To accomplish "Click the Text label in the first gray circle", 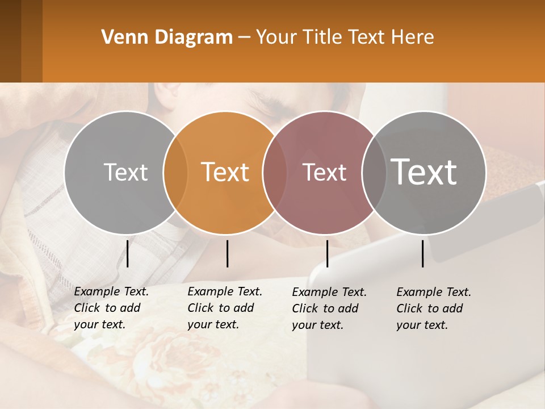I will pos(125,172).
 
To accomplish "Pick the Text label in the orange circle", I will pos(225,172).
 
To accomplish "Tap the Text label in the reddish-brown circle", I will pos(325,172).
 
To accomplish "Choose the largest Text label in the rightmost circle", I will pos(424,172).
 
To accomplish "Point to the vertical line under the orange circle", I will pos(227,253).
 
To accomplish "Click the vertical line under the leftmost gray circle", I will pos(128,253).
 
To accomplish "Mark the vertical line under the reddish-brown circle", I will pos(327,253).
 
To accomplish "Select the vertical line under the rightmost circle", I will pos(422,253).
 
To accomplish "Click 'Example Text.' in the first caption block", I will pos(111,292).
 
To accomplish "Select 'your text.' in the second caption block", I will pos(213,325).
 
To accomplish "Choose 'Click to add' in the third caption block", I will pos(325,308).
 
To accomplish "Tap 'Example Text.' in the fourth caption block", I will pos(434,293).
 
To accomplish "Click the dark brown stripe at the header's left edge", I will pos(10,41).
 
